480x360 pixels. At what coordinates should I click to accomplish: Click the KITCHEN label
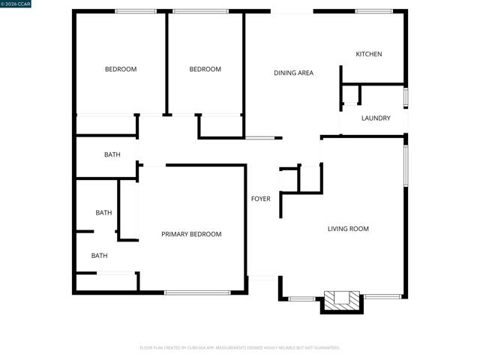pyautogui.click(x=368, y=54)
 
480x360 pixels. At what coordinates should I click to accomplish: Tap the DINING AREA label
pyautogui.click(x=293, y=73)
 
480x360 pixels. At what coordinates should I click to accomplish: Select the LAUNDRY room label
pyautogui.click(x=376, y=118)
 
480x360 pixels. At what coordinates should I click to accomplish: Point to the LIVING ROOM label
pyautogui.click(x=348, y=229)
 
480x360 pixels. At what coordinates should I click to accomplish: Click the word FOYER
pyautogui.click(x=260, y=199)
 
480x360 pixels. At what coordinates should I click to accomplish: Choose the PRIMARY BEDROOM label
pyautogui.click(x=191, y=234)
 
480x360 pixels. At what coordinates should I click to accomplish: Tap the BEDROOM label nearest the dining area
pyautogui.click(x=205, y=70)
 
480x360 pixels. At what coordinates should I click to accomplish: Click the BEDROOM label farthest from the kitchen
pyautogui.click(x=120, y=70)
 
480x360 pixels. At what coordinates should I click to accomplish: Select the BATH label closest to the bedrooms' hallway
pyautogui.click(x=112, y=154)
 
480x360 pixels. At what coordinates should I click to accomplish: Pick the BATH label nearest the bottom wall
pyautogui.click(x=100, y=256)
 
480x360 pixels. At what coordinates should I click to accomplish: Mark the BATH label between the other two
pyautogui.click(x=103, y=213)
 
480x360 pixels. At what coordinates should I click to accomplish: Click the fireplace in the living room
pyautogui.click(x=342, y=300)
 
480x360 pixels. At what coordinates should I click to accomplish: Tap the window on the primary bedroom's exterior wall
pyautogui.click(x=197, y=292)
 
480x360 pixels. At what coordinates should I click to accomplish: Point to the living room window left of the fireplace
pyautogui.click(x=301, y=298)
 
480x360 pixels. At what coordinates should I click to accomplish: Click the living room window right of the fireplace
pyautogui.click(x=382, y=296)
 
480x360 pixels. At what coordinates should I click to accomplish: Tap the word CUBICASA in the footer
pyautogui.click(x=215, y=348)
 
